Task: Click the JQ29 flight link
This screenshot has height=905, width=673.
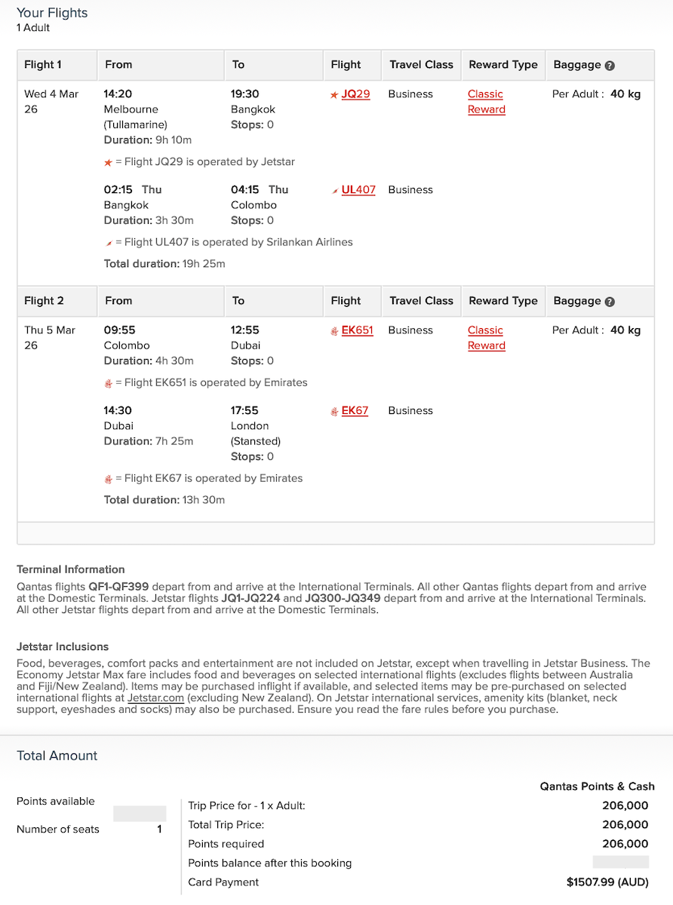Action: (x=355, y=94)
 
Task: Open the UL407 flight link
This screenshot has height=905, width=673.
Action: (x=358, y=190)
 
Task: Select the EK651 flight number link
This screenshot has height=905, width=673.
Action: (x=357, y=330)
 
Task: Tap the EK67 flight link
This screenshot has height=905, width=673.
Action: (x=355, y=411)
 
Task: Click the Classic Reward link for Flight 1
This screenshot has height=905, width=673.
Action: (x=486, y=102)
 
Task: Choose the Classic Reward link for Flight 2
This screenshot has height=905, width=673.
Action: (x=486, y=338)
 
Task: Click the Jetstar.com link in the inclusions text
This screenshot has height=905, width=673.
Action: (x=155, y=698)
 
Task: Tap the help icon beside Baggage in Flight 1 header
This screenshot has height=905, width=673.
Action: (x=610, y=66)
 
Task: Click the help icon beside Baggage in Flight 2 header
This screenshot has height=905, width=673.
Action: (x=610, y=302)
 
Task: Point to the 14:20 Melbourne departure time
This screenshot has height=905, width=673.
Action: (x=118, y=94)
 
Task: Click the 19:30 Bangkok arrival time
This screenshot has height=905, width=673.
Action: (x=244, y=94)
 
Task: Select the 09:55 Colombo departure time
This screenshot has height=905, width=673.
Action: (x=119, y=330)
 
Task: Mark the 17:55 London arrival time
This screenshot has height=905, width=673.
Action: (x=244, y=411)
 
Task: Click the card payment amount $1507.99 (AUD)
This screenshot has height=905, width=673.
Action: (x=607, y=882)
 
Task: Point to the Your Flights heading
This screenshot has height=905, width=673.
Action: (x=52, y=13)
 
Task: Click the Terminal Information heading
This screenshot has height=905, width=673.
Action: (x=71, y=569)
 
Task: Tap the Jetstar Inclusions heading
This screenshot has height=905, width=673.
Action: (x=63, y=647)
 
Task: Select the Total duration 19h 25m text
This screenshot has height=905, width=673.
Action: (x=164, y=264)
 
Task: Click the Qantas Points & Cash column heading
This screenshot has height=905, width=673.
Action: (x=597, y=787)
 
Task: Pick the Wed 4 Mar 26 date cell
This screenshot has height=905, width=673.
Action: (x=51, y=102)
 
